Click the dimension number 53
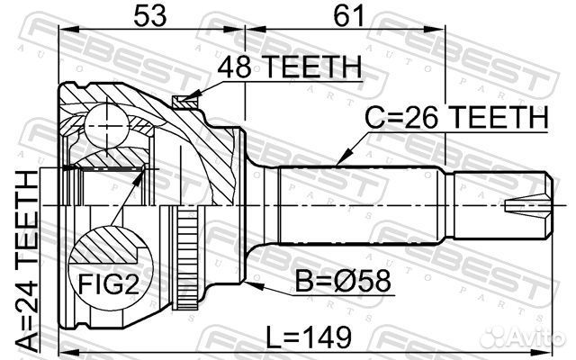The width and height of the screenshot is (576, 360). pos(150,16)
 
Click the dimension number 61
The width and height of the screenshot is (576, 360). pos(348,16)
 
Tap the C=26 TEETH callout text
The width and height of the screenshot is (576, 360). pos(456,117)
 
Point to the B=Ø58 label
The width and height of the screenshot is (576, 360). pos(343,282)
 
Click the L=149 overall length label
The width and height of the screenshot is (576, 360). pos(309,337)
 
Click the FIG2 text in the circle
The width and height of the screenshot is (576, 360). pos(109,283)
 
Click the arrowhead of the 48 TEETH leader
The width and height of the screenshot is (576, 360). pos(192,96)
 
